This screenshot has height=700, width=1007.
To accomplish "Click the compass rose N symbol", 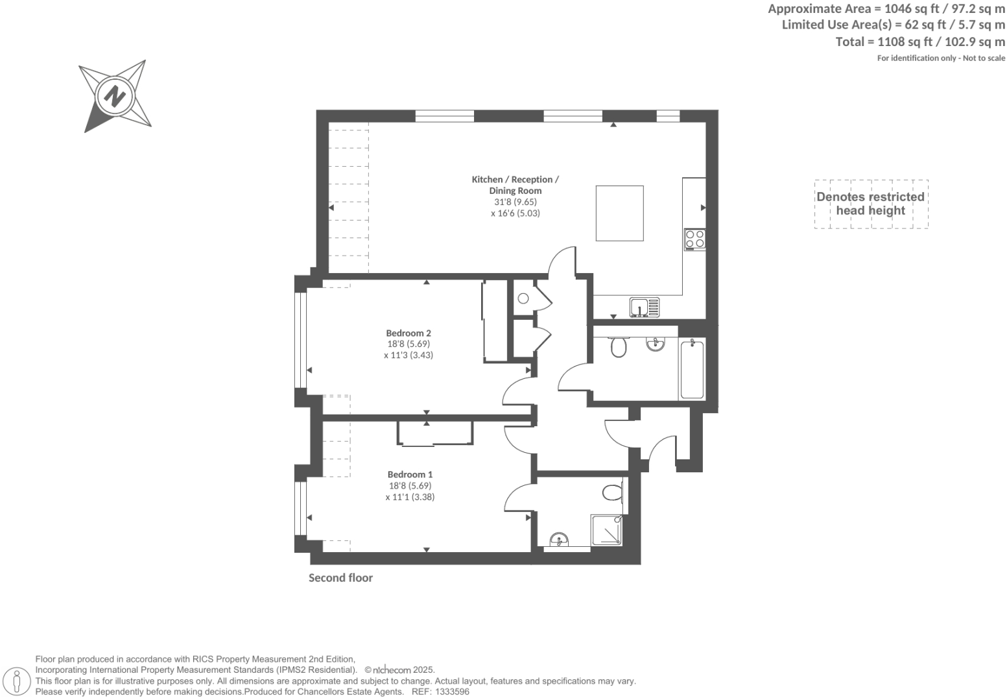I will [x=115, y=97].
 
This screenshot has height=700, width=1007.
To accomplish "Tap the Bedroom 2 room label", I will [x=409, y=333].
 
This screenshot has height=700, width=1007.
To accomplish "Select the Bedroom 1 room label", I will [x=410, y=474].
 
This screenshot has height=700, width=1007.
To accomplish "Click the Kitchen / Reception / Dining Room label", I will [x=515, y=185].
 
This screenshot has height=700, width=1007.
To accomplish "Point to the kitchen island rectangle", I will [x=619, y=213].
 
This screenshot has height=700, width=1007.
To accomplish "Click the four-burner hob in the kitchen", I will [x=695, y=239].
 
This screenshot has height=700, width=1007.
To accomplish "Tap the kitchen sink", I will [x=644, y=307].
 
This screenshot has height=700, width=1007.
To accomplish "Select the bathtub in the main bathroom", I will [x=692, y=368].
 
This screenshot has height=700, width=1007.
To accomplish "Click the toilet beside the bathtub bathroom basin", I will [x=619, y=346].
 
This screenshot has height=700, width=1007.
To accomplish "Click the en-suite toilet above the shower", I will [x=611, y=492].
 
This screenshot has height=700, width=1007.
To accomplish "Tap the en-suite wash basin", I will [x=558, y=540].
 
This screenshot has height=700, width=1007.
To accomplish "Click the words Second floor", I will [x=340, y=577].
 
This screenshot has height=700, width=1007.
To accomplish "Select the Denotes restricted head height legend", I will [x=870, y=204].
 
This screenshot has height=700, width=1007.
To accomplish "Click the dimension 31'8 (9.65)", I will [x=515, y=202].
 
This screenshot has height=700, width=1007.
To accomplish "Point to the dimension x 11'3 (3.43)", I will [x=409, y=355].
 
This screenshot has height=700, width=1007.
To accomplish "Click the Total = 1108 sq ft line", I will [x=920, y=42].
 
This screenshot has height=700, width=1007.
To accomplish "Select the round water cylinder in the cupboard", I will [x=523, y=298].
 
